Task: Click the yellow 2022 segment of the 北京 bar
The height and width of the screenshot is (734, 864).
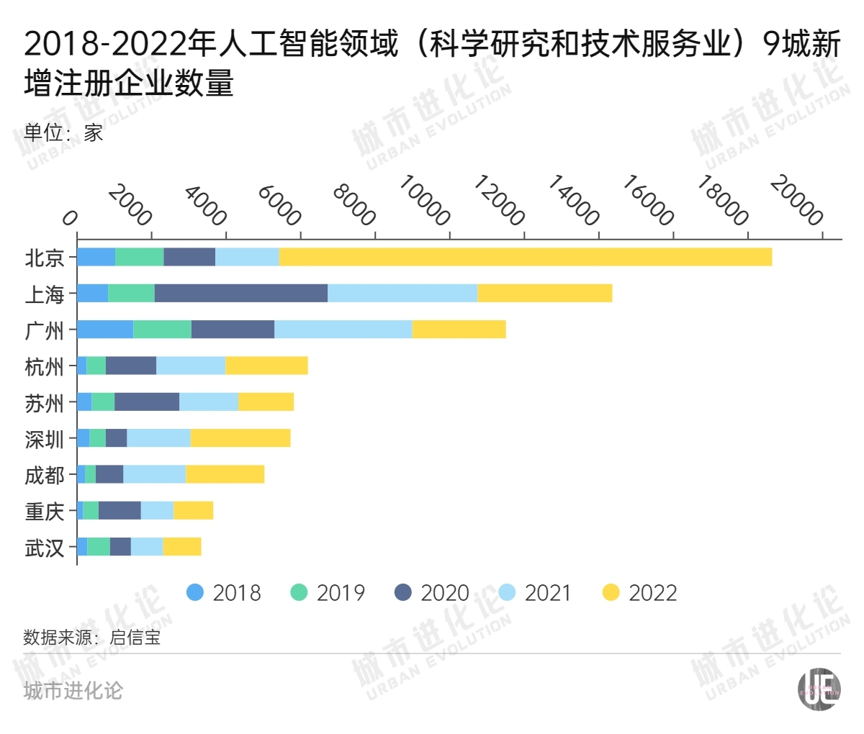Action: click(x=526, y=257)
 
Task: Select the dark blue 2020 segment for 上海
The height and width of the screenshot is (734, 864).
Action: click(x=241, y=294)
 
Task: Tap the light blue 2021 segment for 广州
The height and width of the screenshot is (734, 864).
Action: click(x=343, y=330)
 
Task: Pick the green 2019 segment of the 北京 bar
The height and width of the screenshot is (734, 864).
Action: click(x=139, y=257)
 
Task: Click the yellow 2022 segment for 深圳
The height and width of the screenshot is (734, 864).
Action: click(x=240, y=438)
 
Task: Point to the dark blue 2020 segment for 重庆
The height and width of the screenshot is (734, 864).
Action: click(x=120, y=511)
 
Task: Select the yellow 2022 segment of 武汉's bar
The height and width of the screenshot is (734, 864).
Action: click(x=181, y=547)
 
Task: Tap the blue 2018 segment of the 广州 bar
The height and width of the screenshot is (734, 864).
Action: click(x=105, y=330)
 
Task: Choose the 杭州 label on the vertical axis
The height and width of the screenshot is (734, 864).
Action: click(x=45, y=366)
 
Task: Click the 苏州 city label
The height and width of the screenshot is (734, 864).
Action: click(x=45, y=403)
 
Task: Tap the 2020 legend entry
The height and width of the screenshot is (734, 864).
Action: click(x=432, y=593)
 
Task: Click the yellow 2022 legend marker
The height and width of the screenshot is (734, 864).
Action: click(x=611, y=593)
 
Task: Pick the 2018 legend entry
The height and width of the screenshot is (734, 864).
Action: click(x=224, y=593)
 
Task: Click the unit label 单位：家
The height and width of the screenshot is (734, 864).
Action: click(x=63, y=132)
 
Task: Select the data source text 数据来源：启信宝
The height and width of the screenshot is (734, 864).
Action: click(x=92, y=637)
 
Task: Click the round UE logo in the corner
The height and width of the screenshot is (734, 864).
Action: click(x=819, y=689)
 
